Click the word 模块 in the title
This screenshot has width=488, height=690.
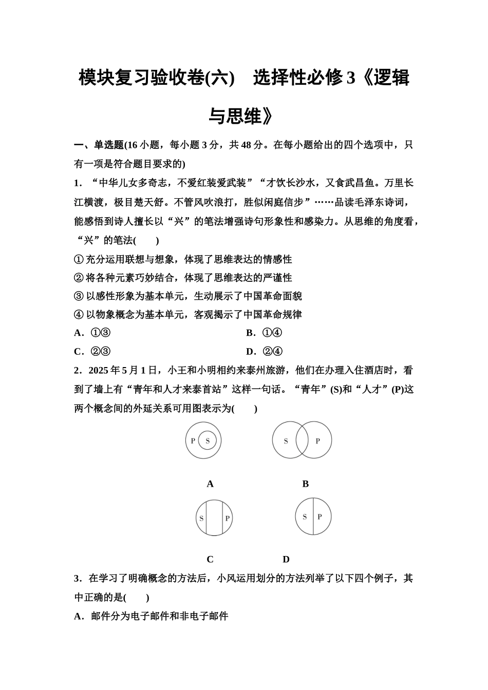97,78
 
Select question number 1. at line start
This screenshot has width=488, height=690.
78,183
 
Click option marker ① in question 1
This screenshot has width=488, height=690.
79,259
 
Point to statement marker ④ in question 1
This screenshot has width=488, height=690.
79,315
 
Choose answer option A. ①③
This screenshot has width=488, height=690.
92,333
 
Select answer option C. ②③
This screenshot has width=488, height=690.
92,352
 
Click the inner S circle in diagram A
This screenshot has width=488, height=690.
208,440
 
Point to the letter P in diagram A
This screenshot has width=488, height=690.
193,440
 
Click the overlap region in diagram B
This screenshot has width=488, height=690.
302,440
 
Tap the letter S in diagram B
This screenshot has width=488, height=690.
286,440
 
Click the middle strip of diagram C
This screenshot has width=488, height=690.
214,518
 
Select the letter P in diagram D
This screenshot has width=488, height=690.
320,517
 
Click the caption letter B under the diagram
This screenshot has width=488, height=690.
306,484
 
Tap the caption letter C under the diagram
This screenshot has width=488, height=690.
210,560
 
